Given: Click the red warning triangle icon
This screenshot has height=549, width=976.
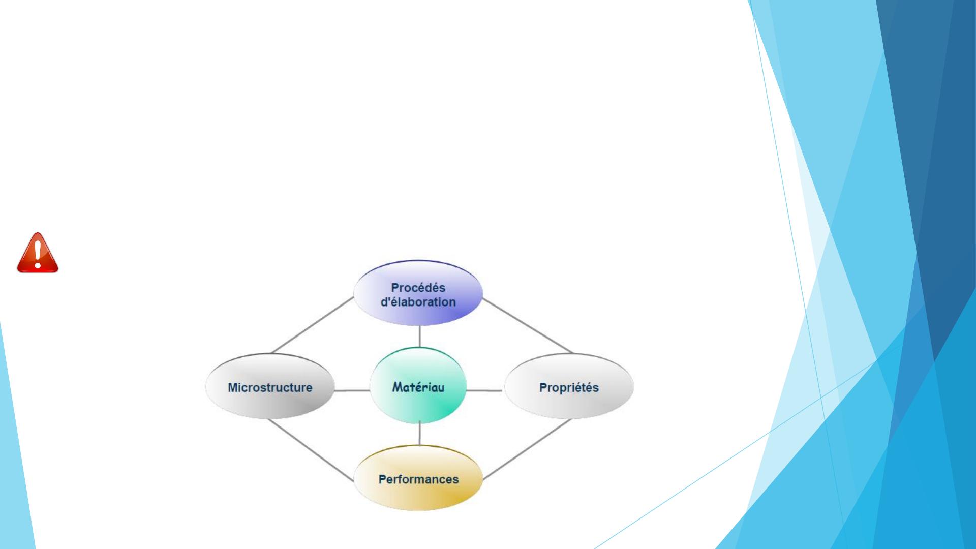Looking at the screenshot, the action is (x=38, y=253).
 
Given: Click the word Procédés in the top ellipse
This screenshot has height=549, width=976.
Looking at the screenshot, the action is (x=418, y=288).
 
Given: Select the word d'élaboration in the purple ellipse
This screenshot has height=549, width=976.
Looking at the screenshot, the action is (x=418, y=302).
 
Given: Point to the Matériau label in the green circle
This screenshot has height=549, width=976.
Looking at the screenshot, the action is (x=418, y=387).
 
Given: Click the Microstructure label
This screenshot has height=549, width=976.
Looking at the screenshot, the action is (x=270, y=387).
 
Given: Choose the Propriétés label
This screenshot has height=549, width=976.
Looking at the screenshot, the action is (x=569, y=387).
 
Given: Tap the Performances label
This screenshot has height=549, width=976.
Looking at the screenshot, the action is (x=418, y=479).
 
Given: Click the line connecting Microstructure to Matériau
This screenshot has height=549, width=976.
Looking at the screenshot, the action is (x=352, y=390).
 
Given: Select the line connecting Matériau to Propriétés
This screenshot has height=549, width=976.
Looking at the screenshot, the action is (x=484, y=390).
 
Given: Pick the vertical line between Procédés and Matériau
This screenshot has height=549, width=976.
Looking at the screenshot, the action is (x=419, y=337).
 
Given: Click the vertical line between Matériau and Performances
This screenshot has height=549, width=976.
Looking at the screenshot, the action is (x=419, y=434).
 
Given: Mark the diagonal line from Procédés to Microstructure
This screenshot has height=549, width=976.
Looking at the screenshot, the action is (x=313, y=325).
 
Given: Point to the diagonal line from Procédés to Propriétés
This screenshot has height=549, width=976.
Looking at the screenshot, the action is (x=527, y=325).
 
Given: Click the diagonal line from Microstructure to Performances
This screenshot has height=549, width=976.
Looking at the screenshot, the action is (x=311, y=450).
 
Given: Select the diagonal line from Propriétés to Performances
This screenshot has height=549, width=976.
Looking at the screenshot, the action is (x=527, y=449).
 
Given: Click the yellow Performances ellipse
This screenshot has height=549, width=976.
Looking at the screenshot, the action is (x=418, y=478).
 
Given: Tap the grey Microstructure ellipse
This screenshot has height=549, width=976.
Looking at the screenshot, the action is (x=270, y=386).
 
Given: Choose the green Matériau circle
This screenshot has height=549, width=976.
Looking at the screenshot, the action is (x=418, y=385).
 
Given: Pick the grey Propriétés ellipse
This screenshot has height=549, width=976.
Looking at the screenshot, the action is (x=568, y=386).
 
